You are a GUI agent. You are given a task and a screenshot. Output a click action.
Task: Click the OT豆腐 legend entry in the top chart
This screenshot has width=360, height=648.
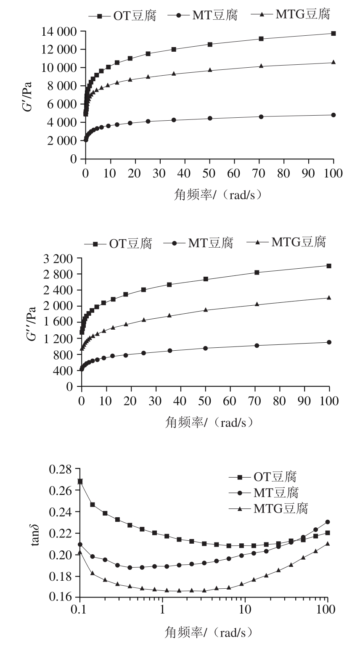(122, 16)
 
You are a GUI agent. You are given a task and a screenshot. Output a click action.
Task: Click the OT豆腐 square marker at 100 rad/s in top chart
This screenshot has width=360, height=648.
(334, 33)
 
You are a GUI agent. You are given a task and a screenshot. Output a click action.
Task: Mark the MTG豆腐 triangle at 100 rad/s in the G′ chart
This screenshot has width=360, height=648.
(334, 62)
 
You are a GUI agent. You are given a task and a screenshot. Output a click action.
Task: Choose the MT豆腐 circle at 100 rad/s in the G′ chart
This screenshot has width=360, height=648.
(334, 115)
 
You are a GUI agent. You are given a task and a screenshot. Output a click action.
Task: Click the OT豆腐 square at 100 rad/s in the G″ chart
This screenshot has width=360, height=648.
(329, 266)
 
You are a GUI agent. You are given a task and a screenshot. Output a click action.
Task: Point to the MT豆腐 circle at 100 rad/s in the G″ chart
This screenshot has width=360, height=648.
(329, 342)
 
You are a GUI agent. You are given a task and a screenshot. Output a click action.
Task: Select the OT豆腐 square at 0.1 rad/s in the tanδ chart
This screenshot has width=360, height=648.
(80, 481)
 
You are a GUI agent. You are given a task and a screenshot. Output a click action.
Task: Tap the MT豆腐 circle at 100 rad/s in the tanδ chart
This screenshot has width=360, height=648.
(327, 522)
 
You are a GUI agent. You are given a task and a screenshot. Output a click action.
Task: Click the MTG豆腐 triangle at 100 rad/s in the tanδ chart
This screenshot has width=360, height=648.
(327, 544)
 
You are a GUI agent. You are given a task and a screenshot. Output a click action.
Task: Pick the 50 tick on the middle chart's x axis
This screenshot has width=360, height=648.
(205, 400)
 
